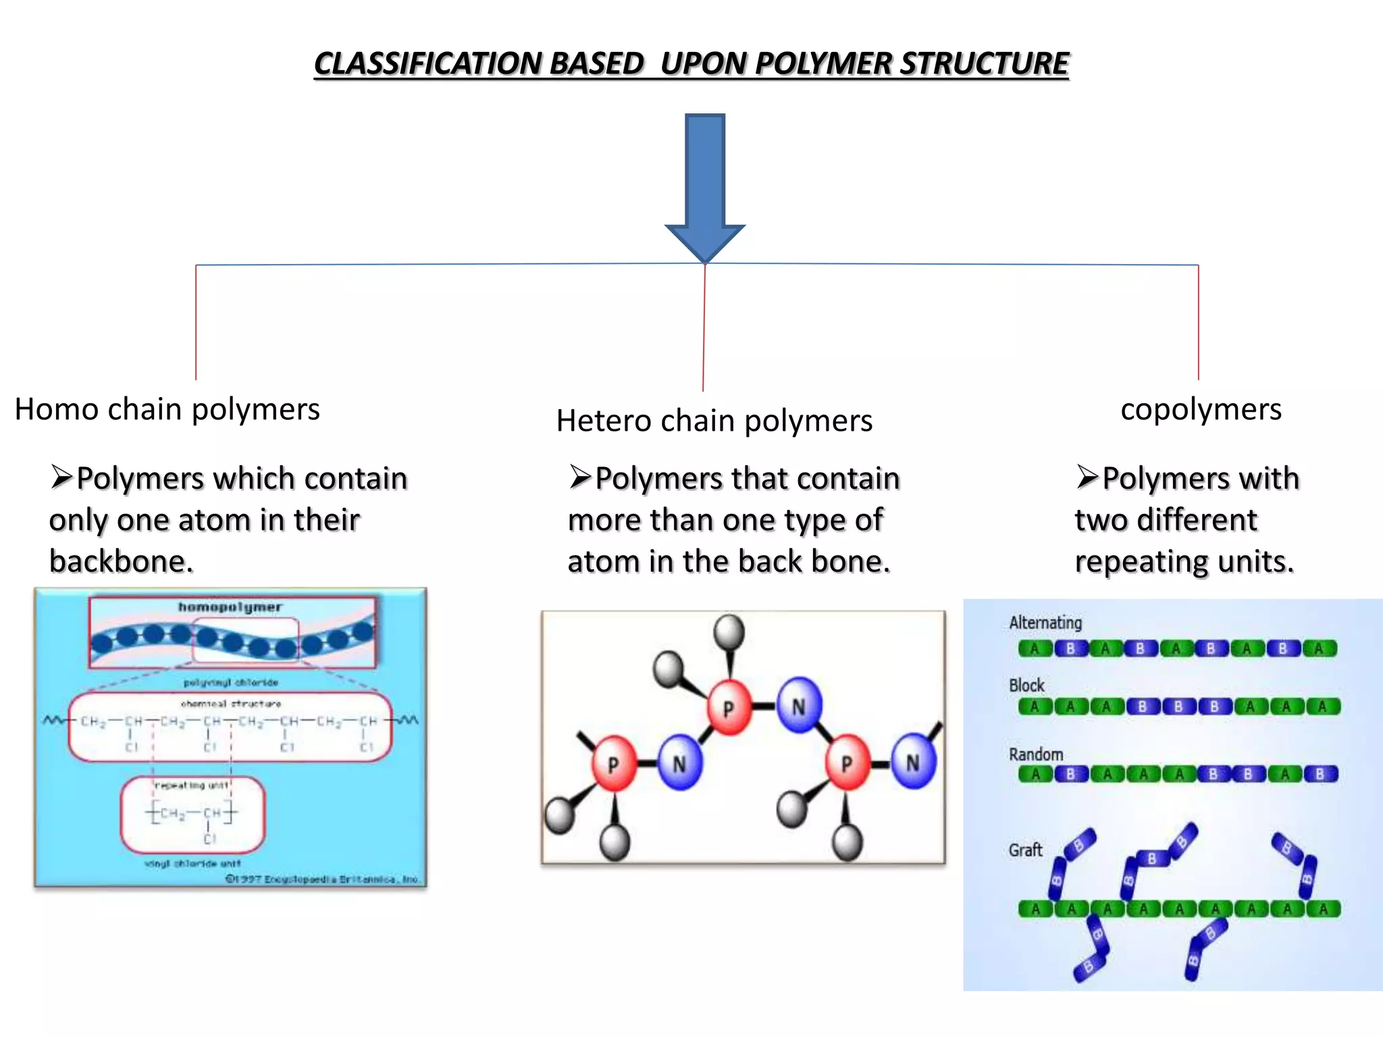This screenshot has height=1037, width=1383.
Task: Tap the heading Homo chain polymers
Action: click(x=167, y=409)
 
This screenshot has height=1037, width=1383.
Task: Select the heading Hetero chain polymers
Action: click(x=714, y=421)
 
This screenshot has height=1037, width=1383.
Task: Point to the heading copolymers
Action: click(x=1201, y=409)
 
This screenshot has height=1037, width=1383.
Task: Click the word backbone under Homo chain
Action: click(x=121, y=562)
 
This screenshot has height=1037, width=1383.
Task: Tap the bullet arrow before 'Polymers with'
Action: click(x=1087, y=477)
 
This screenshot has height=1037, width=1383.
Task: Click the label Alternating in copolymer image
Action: click(x=1045, y=622)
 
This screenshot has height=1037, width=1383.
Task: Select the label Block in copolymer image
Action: click(x=1026, y=685)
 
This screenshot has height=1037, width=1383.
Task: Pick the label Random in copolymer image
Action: click(x=1036, y=754)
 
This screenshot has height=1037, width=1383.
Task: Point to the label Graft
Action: click(x=1025, y=850)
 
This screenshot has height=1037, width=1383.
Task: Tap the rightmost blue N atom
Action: click(x=912, y=763)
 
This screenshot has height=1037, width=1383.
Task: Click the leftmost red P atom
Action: click(x=612, y=764)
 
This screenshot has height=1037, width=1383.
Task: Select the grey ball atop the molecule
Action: click(x=729, y=633)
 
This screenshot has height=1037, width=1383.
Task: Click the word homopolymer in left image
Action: click(x=230, y=607)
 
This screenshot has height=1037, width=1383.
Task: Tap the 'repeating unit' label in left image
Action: click(x=192, y=785)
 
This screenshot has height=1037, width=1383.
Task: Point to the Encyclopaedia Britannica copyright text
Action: click(x=323, y=879)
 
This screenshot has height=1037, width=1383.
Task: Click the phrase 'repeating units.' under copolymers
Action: click(x=1184, y=562)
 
